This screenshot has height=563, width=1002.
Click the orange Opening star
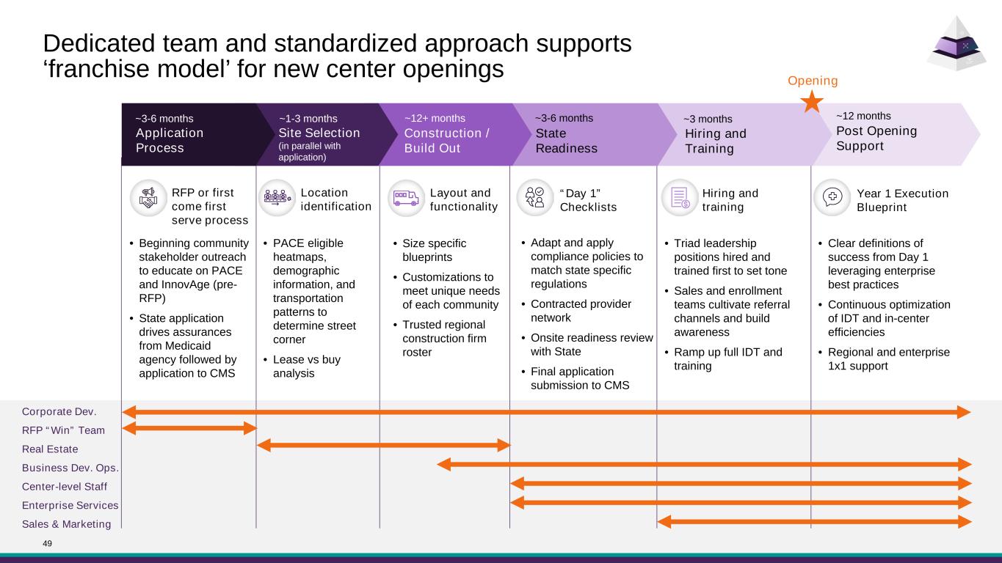[x=812, y=101]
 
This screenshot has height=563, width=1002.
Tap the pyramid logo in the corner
[x=955, y=45]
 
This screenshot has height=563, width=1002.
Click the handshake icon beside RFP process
[x=148, y=198]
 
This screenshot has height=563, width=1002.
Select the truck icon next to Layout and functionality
[x=406, y=198]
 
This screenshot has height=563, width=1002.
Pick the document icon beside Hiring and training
[x=679, y=198]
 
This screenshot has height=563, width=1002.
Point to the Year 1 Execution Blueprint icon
[x=832, y=198]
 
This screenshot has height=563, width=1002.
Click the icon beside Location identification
[x=277, y=198]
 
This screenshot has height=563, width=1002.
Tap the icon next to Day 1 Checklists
[x=535, y=198]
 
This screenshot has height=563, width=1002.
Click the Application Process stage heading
[x=170, y=140]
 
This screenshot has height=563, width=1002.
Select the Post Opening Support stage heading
[x=876, y=138]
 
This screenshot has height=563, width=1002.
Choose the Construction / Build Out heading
[x=446, y=140]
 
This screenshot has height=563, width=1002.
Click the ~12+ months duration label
[x=435, y=117]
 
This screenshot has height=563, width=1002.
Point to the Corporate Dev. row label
[x=59, y=412]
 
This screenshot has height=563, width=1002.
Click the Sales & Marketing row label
[x=67, y=523]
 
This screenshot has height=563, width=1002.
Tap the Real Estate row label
[x=50, y=449]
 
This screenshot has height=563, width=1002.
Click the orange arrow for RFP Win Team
[x=189, y=427]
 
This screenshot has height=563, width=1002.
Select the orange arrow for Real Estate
[x=383, y=445]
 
